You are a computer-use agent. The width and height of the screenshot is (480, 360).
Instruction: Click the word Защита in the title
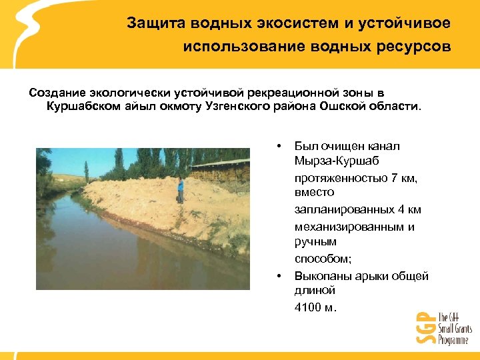point(149,23)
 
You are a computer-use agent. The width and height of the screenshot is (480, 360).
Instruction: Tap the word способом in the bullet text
point(320,259)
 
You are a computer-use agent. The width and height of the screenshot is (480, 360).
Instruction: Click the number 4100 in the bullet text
point(309,307)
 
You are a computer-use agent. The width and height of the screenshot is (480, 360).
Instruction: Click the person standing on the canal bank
point(180,189)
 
